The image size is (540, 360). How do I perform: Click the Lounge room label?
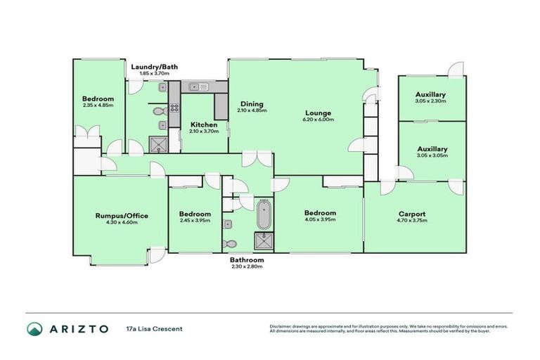point(318,113)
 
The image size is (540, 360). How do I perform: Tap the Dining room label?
point(252,103)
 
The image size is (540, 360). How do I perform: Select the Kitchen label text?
point(203,122)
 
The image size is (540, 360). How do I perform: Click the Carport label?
point(411,214)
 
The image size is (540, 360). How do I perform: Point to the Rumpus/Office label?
point(122,215)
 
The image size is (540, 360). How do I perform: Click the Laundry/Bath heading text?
point(155,67)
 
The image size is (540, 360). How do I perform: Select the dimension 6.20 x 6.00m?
point(318,120)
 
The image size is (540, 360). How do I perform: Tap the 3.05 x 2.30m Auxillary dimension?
point(430,101)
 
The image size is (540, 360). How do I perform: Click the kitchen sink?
point(196,87)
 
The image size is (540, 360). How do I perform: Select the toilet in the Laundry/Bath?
point(159,110)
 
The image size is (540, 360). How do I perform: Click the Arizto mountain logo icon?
point(34,328)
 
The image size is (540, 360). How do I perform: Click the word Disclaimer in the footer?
point(281,326)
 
